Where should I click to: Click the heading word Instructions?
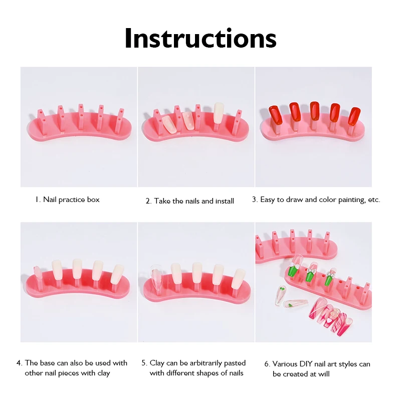pyautogui.click(x=200, y=39)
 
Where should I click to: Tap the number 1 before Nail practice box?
pyautogui.click(x=37, y=199)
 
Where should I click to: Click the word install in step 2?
pyautogui.click(x=225, y=201)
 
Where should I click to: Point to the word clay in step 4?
pyautogui.click(x=104, y=373)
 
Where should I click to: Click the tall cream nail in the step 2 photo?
pyautogui.click(x=219, y=113)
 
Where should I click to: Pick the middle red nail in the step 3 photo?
pyautogui.click(x=314, y=111)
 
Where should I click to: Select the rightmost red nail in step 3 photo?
pyautogui.click(x=354, y=116)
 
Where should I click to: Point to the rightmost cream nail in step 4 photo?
pyautogui.click(x=117, y=274)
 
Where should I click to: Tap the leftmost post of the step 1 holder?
pyautogui.click(x=42, y=122)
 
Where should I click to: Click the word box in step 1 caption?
pyautogui.click(x=93, y=199)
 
